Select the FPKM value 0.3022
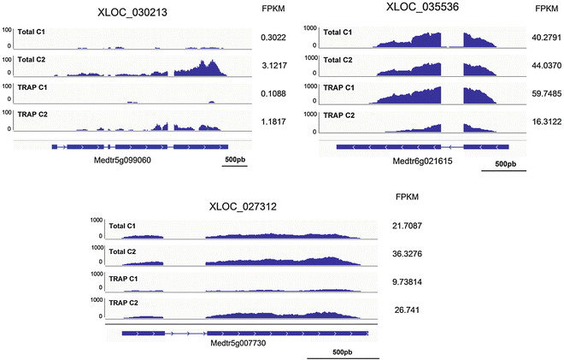point(273,38)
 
